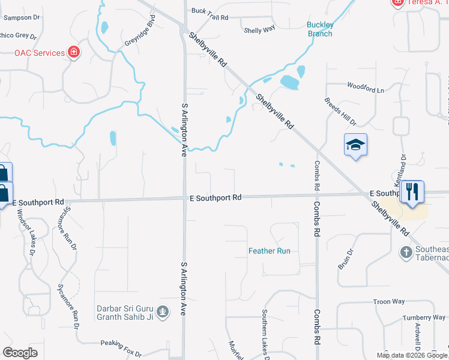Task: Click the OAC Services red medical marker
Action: tap(74, 53)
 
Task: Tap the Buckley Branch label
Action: tap(320, 29)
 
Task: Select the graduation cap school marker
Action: tap(355, 145)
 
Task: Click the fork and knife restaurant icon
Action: tap(412, 192)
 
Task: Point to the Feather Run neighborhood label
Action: tap(270, 251)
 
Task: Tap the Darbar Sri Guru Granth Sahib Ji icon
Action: tap(162, 311)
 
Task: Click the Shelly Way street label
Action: tap(259, 29)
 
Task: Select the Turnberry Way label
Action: tap(424, 317)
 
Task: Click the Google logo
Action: tap(20, 352)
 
